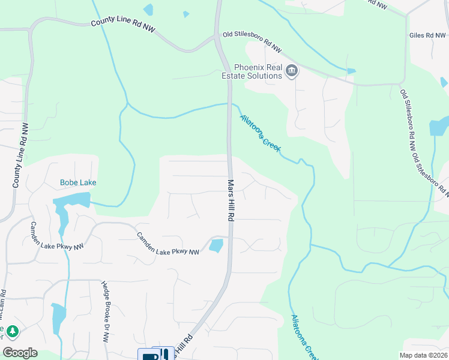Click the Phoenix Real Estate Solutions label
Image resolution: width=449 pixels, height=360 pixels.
click(258, 71)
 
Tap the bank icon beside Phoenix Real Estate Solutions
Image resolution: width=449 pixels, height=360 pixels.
click(292, 71)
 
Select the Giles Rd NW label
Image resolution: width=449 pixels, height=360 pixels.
click(427, 36)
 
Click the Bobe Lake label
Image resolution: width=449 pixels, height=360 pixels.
click(78, 182)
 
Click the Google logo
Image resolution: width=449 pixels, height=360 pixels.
click(20, 353)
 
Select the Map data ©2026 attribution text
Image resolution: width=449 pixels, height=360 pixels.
click(424, 355)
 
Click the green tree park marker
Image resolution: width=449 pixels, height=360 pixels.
click(12, 331)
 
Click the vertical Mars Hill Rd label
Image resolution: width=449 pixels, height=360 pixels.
click(229, 200)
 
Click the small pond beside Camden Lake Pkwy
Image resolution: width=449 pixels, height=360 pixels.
click(216, 245)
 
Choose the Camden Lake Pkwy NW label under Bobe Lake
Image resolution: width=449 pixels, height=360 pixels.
click(167, 244)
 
